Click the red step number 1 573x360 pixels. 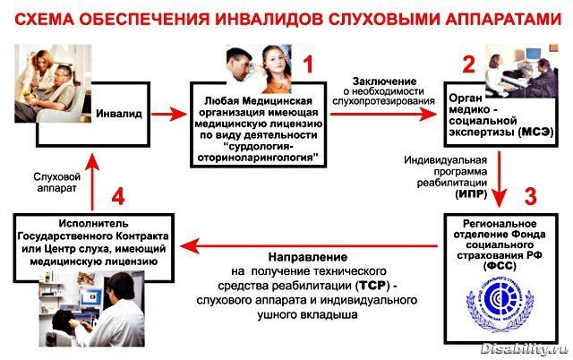pos(308,64)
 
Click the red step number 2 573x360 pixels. pos(466,64)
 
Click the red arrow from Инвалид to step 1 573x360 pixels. pos(171,115)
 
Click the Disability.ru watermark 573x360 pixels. pos(524,347)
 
